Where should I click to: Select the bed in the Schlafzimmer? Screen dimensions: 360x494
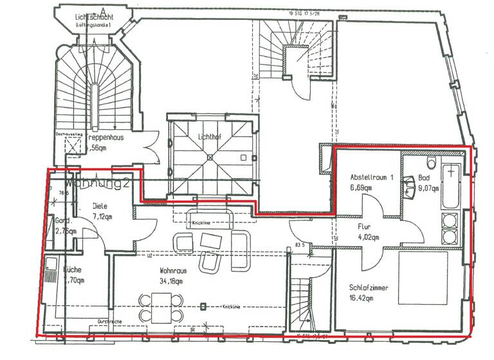(423, 278)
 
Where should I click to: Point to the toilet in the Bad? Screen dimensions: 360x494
(431, 164)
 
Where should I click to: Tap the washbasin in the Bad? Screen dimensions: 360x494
(408, 187)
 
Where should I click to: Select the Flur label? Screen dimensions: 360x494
(367, 227)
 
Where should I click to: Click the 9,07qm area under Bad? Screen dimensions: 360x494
(428, 188)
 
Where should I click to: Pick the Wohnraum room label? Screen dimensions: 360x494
(172, 271)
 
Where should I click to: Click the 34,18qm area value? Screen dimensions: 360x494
(171, 281)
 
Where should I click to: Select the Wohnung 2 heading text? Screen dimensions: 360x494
(97, 183)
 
